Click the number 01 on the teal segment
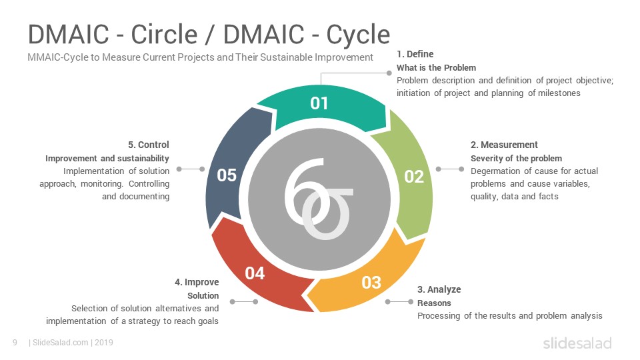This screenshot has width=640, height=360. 319,103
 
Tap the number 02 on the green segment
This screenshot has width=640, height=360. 414,177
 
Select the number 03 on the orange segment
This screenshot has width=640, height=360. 371,283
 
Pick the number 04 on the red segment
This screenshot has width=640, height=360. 255,273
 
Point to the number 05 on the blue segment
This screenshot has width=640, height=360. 227,175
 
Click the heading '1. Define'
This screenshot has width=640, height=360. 415,54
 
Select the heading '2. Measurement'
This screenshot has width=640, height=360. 504,145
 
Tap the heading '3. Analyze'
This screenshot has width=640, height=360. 439,289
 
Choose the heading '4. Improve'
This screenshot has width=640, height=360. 197,282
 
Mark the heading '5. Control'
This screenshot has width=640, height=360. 149,145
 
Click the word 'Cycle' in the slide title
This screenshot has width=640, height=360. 358,34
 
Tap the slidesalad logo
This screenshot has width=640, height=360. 577,343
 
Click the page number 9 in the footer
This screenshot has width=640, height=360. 15,343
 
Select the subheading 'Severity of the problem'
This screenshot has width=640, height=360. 516,159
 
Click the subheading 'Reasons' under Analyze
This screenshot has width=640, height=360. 434,303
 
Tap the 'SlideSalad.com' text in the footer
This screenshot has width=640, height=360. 60,343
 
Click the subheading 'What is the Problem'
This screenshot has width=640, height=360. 436,68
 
